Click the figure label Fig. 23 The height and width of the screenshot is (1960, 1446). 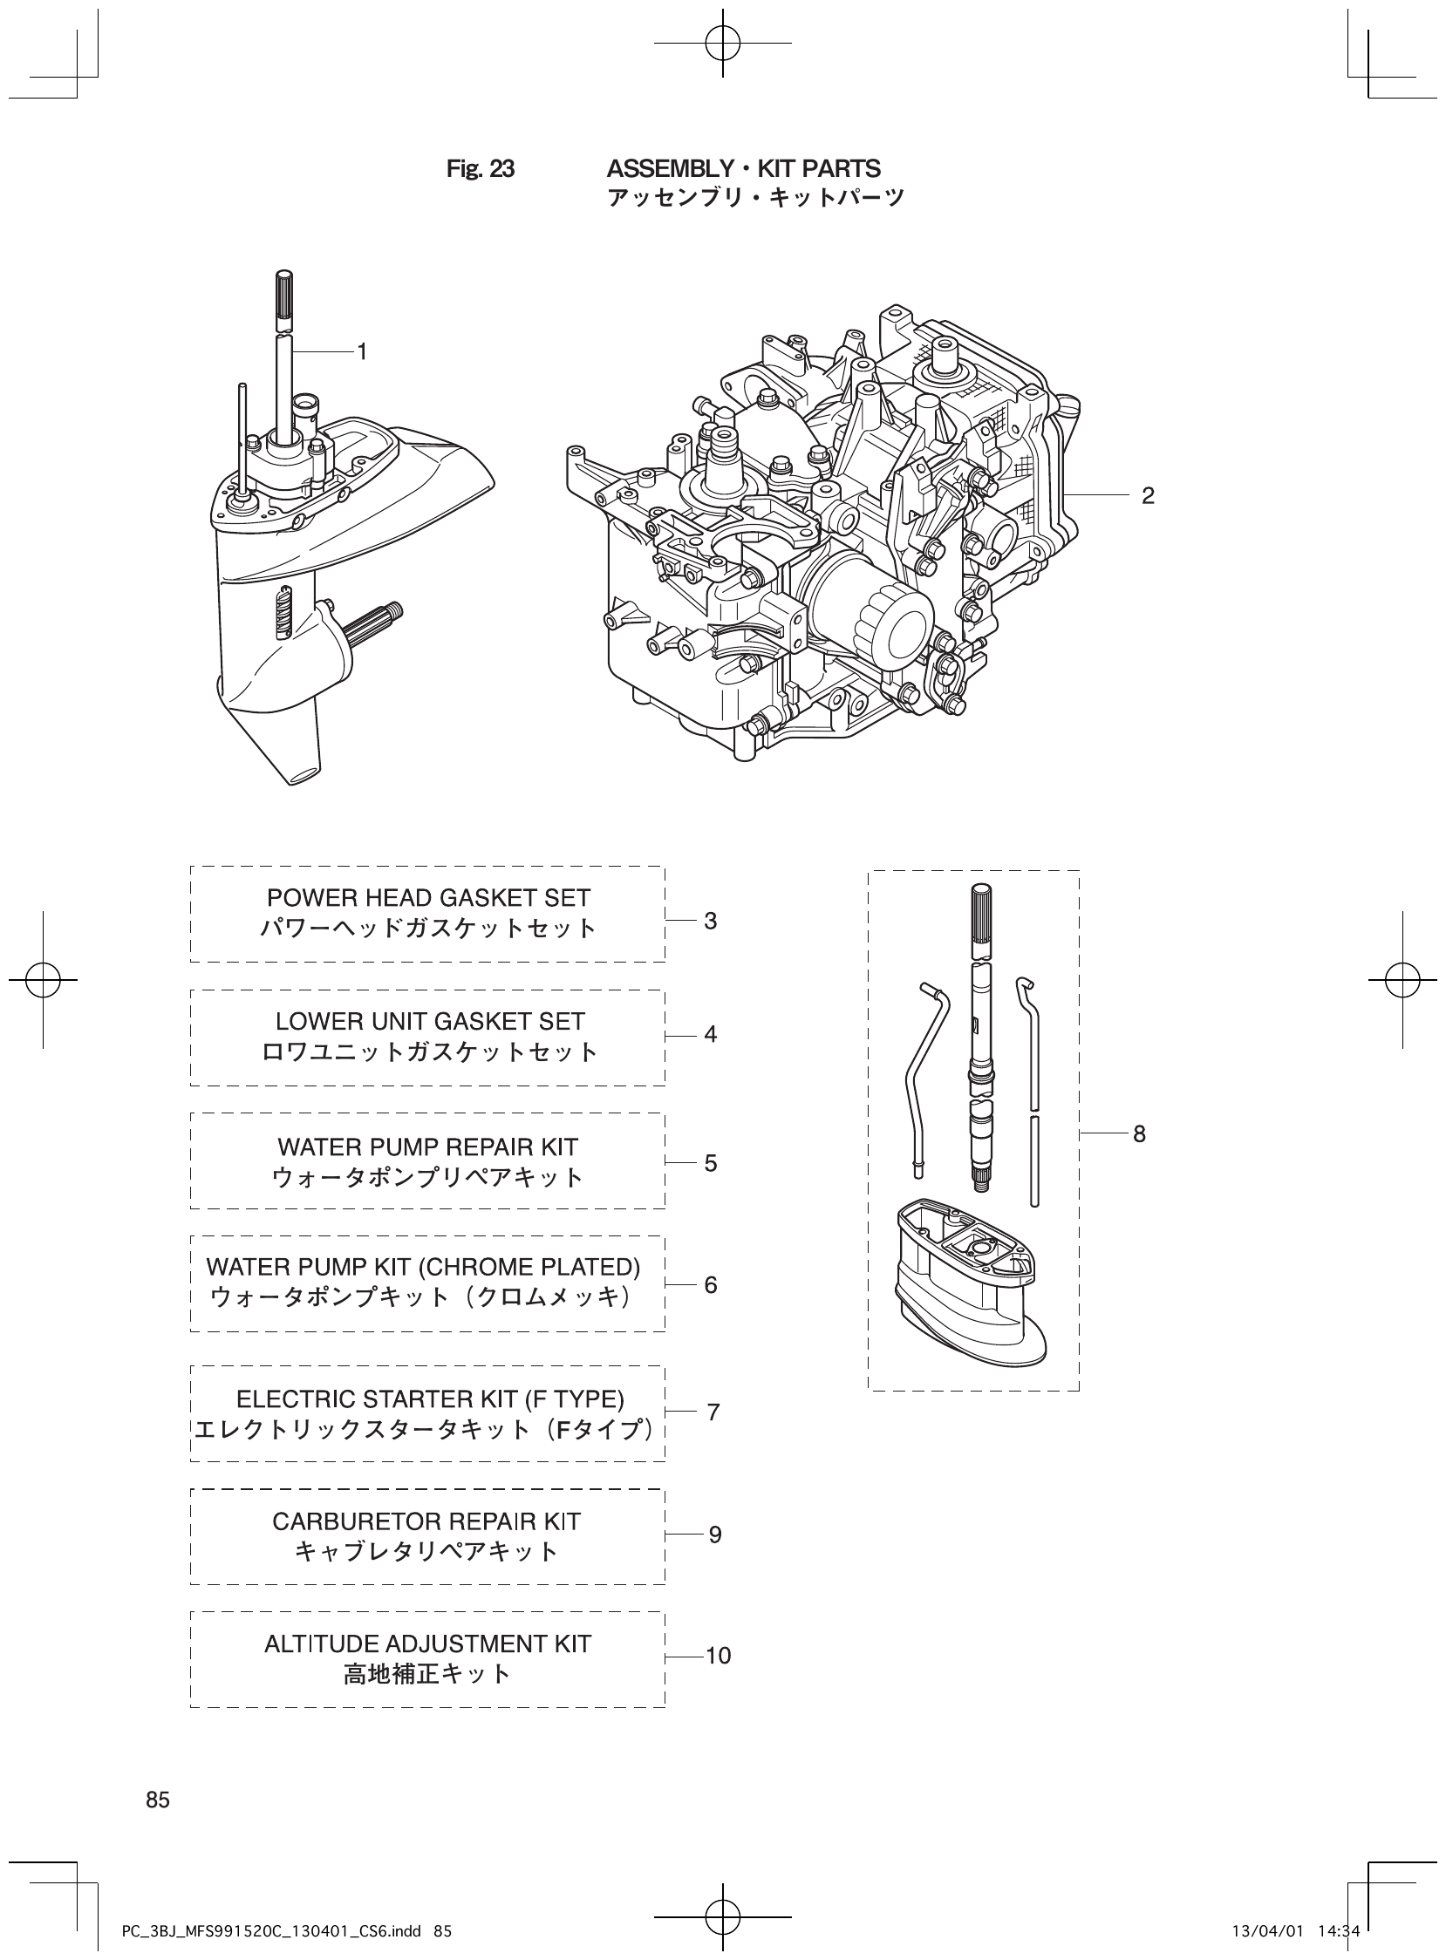(480, 168)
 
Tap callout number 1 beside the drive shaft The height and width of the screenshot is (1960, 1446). (360, 351)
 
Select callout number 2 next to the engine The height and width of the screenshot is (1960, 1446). (1148, 496)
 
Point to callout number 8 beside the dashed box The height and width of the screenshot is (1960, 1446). (1139, 1134)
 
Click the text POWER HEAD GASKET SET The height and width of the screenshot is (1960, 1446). (428, 898)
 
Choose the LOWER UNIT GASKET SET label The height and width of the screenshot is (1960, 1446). (430, 1021)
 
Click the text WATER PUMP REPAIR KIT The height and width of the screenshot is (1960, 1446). (428, 1147)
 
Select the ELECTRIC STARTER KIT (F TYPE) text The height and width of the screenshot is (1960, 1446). (430, 1400)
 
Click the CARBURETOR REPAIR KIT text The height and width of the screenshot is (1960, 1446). (426, 1521)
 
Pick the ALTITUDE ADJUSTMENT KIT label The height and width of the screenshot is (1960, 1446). (428, 1644)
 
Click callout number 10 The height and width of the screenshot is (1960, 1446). (718, 1657)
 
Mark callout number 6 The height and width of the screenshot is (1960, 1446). (710, 1284)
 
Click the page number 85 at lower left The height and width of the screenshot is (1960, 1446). (159, 1793)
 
